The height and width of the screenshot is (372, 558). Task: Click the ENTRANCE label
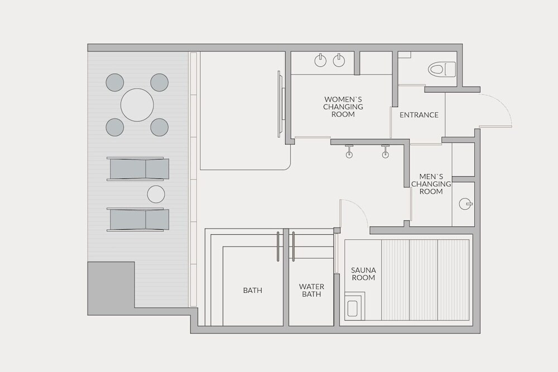coord(419,115)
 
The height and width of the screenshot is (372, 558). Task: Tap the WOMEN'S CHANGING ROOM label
coord(343,107)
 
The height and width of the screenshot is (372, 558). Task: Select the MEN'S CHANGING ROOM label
coord(431,184)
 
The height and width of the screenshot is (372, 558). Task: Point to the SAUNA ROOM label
coord(363,274)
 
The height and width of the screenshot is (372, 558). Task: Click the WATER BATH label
coord(311,290)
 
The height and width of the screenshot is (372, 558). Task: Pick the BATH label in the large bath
coord(253,290)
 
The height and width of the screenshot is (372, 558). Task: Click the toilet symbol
coord(441,69)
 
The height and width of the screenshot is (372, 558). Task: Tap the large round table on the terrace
coord(137,105)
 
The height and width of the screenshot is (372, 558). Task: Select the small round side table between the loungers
coord(156,195)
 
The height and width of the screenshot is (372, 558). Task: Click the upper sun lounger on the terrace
coord(138,169)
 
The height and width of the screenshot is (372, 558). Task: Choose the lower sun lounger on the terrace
coord(138,219)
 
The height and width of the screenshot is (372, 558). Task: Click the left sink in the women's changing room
coord(321,60)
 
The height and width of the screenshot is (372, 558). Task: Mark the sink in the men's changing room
coord(465,204)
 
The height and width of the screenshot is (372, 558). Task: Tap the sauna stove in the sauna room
coord(355,306)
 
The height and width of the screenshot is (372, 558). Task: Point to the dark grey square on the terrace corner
coord(111,288)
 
